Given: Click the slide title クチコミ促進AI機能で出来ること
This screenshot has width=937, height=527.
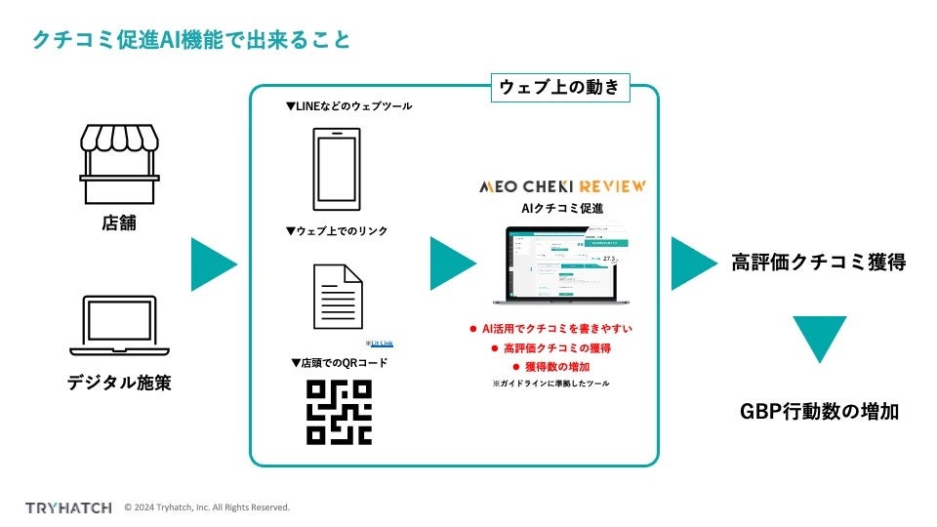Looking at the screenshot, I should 191,41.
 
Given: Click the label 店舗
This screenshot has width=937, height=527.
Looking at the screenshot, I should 119,223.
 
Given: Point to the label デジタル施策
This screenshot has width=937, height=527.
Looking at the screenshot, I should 119,384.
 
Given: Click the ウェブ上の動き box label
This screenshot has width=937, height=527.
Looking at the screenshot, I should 560,87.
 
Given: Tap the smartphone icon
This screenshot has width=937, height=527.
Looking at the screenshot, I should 336,170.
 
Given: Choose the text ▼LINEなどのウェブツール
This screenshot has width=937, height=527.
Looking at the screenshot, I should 348,106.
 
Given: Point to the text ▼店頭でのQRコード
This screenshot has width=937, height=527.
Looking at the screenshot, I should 339,363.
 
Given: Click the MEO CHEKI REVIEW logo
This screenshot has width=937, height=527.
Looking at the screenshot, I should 561,185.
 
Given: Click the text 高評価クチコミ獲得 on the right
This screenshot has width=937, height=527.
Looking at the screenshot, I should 819,263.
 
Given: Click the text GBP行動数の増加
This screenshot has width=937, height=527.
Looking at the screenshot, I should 819,412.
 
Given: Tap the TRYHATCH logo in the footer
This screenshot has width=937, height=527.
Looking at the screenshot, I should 67,507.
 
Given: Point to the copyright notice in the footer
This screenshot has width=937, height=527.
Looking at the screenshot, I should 207,507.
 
